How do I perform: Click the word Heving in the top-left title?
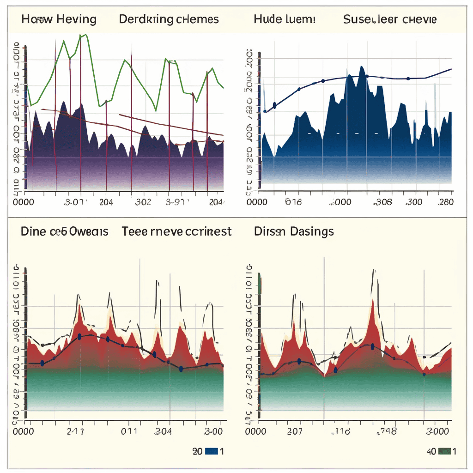pos(77,19)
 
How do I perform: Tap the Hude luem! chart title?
pos(285,19)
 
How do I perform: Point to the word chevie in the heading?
pos(418,19)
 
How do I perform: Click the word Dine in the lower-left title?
pos(33,231)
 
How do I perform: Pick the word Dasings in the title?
pos(312,231)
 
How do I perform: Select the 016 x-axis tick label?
pos(293,202)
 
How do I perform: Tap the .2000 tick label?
pos(340,202)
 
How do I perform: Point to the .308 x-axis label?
pos(382,202)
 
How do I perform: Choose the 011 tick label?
pos(129,431)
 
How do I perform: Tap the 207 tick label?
pos(294,431)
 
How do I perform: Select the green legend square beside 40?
pos(444,451)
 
